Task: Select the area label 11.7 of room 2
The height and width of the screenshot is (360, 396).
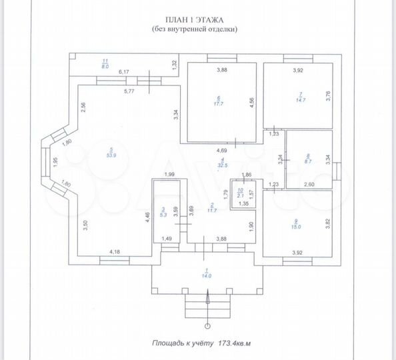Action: tap(213, 211)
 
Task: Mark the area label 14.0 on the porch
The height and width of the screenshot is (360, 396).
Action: tap(207, 275)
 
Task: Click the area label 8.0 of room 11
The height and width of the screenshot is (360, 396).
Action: tap(104, 67)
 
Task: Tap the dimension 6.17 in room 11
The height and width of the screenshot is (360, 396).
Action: tap(124, 71)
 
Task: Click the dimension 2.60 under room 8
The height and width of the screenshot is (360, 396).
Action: tap(309, 184)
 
